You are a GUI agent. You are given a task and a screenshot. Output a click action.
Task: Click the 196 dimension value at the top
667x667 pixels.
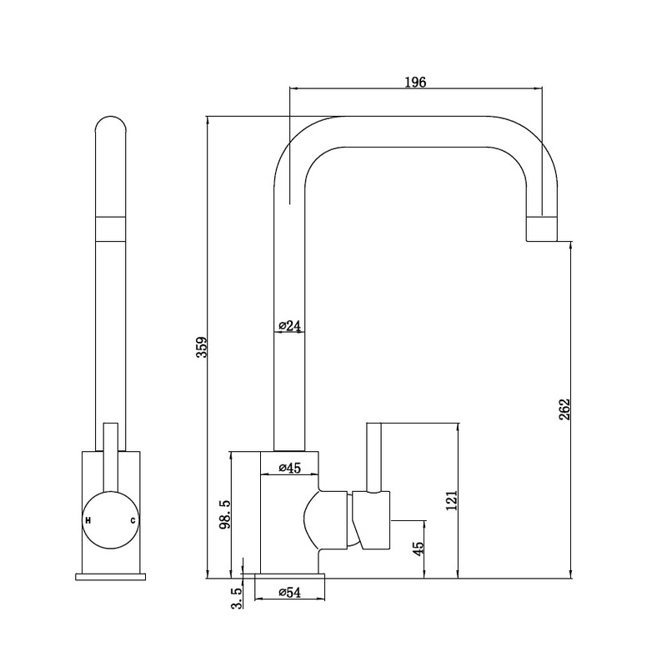[415, 82]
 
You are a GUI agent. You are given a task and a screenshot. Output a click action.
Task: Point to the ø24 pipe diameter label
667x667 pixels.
[289, 326]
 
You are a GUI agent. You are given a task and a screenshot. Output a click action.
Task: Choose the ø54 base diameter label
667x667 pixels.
[288, 592]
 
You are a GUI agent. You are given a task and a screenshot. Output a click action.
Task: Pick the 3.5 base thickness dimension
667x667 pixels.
[236, 599]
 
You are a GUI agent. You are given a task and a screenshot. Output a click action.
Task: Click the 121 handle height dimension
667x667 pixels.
[451, 501]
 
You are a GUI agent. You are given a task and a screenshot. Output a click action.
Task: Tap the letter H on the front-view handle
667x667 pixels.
[88, 520]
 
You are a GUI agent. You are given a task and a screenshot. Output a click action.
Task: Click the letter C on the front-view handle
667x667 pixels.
[133, 520]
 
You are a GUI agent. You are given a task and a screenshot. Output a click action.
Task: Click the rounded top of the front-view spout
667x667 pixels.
[111, 125]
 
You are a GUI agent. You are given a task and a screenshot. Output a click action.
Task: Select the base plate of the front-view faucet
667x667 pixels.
[111, 575]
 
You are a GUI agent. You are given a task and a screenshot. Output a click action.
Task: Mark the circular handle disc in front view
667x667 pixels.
[111, 520]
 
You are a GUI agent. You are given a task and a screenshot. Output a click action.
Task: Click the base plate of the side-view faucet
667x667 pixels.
[288, 576]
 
